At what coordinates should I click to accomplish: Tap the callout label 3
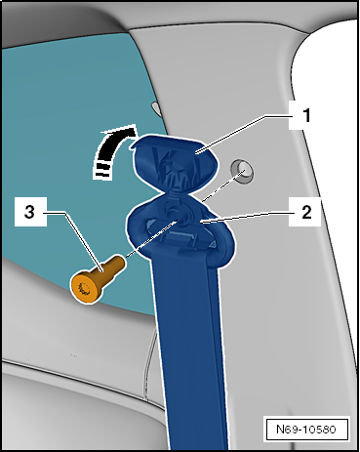click(x=30, y=211)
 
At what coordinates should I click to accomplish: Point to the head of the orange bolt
click(x=84, y=285)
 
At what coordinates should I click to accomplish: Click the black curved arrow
click(x=109, y=147)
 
